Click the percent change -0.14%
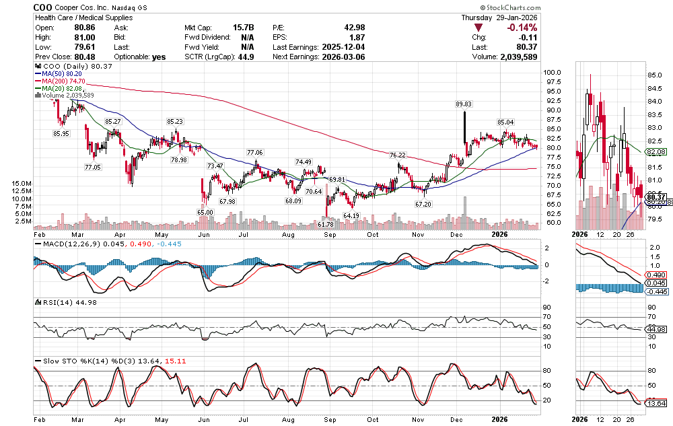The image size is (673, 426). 521,28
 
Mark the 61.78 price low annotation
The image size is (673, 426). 326,223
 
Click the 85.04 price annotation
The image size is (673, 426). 505,122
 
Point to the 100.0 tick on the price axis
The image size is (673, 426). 553,72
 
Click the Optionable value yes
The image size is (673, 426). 159,57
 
